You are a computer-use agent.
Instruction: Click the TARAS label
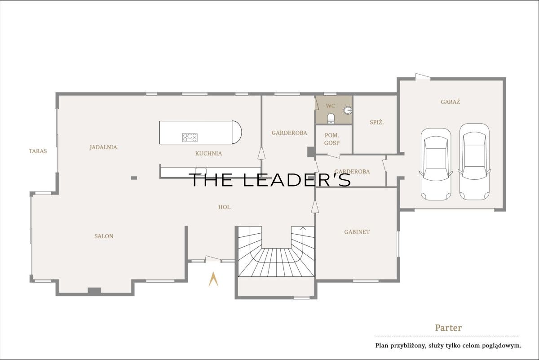click(38, 151)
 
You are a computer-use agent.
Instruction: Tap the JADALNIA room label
click(103, 147)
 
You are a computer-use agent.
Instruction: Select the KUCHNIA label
click(208, 153)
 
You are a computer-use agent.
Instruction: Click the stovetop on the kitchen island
click(190, 138)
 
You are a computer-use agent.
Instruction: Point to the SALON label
click(104, 236)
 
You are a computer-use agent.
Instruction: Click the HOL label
click(224, 207)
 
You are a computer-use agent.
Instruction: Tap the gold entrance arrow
click(213, 279)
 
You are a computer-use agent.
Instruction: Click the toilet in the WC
click(331, 119)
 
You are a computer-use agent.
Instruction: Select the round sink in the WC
click(348, 111)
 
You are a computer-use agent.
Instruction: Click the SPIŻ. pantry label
click(376, 122)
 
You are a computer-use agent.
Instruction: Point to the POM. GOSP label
click(332, 139)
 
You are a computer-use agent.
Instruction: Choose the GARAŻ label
click(450, 102)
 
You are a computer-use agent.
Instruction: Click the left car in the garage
click(436, 164)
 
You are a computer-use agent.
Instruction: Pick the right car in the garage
click(474, 162)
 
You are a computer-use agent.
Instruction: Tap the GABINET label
click(357, 232)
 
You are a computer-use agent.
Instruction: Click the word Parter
click(448, 328)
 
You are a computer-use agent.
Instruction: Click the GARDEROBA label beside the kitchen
click(289, 133)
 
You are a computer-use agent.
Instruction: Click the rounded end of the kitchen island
click(237, 133)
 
